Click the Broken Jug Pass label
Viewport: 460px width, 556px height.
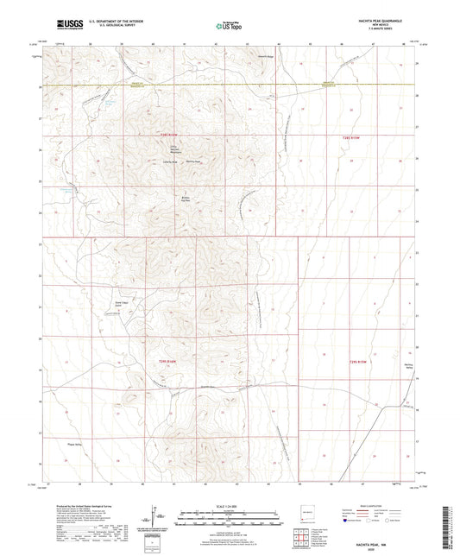(183, 197)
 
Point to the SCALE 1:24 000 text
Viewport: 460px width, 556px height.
(230, 506)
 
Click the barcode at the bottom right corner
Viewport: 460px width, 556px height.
(450, 518)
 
